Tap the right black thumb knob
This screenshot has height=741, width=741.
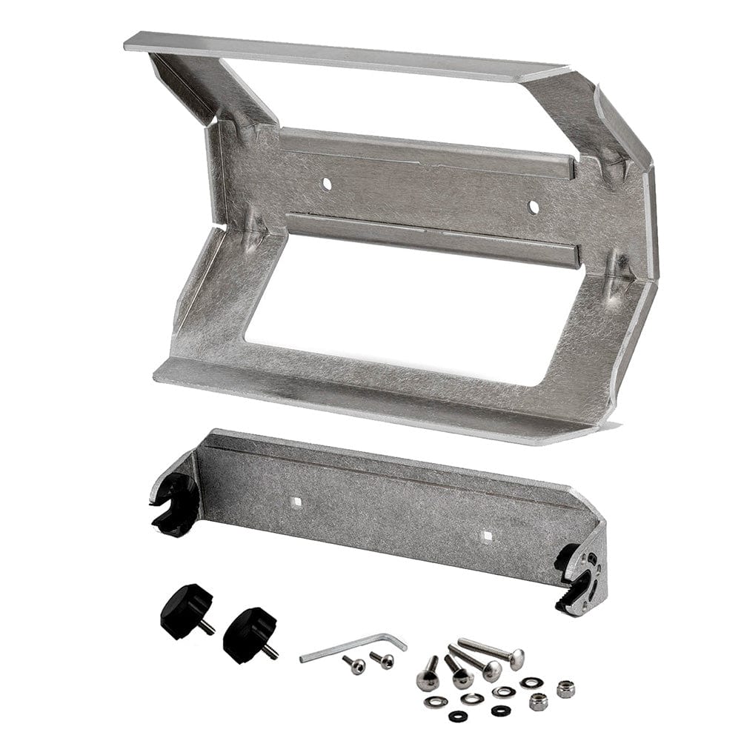[x=246, y=634]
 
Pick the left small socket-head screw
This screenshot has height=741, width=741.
[x=354, y=665]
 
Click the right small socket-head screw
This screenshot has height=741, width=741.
[x=383, y=659]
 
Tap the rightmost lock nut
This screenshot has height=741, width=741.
[x=566, y=688]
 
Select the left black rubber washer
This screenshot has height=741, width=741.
[x=458, y=716]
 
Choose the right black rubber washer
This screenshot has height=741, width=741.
[x=501, y=711]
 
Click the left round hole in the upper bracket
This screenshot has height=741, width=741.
[x=327, y=182]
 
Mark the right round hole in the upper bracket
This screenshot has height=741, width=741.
[x=533, y=207]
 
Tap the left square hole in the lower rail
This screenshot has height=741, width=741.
[x=296, y=501]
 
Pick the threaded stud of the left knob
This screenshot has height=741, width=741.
[x=207, y=627]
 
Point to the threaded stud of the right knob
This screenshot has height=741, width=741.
[x=270, y=651]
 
